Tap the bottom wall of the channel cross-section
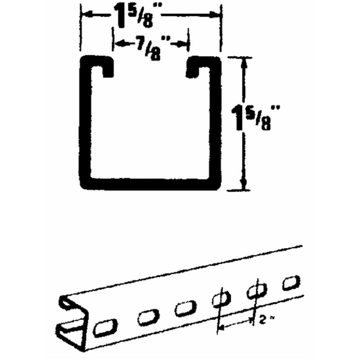(x=150, y=184)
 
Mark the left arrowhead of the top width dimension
(x=86, y=15)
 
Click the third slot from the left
(x=185, y=309)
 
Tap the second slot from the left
(x=148, y=318)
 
